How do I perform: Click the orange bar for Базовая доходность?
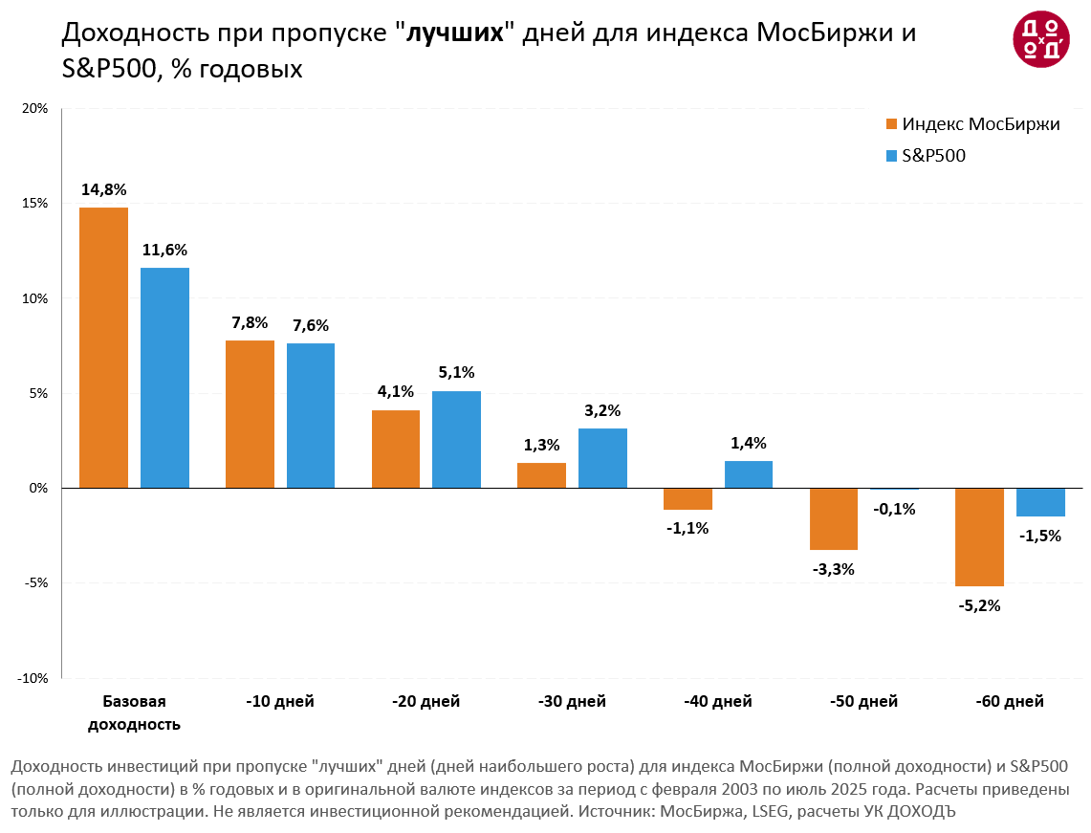(x=103, y=347)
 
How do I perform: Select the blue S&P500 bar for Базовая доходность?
(x=164, y=378)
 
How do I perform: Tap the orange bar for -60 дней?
(x=980, y=537)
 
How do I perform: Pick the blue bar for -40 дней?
(x=749, y=474)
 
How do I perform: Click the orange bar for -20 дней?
(x=396, y=449)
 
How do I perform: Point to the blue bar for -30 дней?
(x=602, y=458)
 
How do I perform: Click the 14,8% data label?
(x=103, y=189)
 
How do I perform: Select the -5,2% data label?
(x=980, y=605)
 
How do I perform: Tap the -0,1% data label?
(x=894, y=509)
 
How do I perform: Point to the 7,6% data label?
(x=311, y=326)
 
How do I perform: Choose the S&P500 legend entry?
(x=933, y=156)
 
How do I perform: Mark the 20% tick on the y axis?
(x=36, y=108)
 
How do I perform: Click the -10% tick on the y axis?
(x=34, y=678)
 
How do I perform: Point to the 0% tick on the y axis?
(x=40, y=488)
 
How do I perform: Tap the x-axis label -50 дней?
(x=864, y=702)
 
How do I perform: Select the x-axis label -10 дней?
(x=280, y=702)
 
